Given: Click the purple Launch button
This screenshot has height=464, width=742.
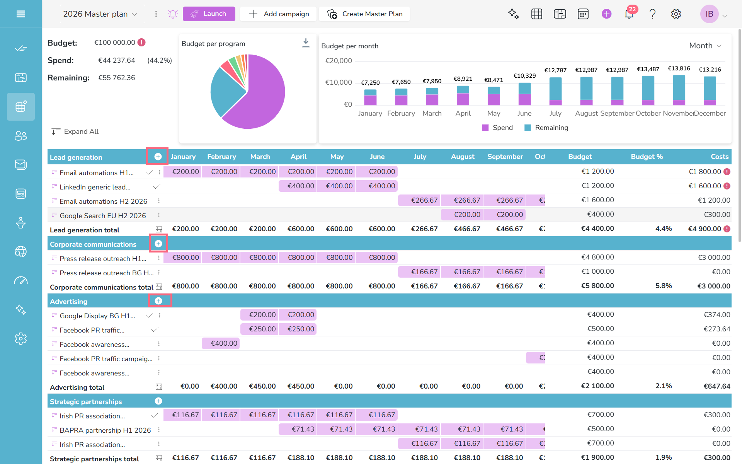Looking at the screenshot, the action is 209,14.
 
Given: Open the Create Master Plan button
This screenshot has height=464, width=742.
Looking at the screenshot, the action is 364,14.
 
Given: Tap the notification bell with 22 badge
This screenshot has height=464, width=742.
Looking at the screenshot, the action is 629,14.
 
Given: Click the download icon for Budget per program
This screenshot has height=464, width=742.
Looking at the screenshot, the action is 306,43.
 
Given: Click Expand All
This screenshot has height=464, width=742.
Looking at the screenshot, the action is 75,131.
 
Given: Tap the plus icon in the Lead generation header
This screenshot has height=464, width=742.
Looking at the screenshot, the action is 158,157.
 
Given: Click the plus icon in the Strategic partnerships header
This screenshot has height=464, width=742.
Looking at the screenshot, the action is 158,401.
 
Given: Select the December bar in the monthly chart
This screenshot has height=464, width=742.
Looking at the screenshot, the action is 710,91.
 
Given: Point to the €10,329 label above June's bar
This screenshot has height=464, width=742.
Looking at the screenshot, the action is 524,76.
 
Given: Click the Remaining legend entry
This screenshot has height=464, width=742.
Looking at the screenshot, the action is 546,128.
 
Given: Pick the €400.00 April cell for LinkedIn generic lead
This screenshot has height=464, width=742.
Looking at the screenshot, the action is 298,186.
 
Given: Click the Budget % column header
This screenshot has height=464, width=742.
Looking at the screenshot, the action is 647,157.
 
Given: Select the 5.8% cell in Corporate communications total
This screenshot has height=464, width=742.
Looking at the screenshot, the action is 664,286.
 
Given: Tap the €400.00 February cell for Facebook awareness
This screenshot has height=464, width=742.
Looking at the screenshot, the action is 221,343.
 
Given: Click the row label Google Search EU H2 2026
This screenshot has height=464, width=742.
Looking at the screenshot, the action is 103,215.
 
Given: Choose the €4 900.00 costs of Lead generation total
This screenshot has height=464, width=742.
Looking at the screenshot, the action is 705,229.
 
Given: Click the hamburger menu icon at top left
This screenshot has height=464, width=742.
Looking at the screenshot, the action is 21,14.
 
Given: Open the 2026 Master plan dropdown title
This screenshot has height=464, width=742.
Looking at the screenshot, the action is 100,14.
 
